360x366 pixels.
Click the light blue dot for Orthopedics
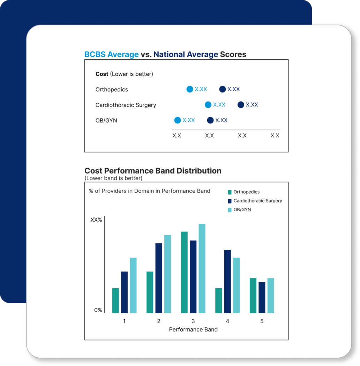pos(190,89)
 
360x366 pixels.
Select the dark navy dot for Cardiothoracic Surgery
pos(241,105)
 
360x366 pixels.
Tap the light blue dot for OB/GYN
pos(178,120)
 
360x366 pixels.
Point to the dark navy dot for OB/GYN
pos(210,120)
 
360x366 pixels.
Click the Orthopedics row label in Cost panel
pos(112,90)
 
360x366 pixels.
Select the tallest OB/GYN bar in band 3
pos(202,268)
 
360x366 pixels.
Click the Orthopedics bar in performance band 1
pos(115,300)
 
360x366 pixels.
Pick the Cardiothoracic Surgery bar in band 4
pos(227,281)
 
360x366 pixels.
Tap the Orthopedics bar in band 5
pos(253,296)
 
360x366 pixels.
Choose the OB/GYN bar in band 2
pos(167,274)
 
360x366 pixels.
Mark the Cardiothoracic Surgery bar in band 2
pos(159,278)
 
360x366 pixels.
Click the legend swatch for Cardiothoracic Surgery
pos(230,201)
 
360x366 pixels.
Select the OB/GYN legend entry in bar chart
pos(242,210)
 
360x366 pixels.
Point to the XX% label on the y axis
pos(96,220)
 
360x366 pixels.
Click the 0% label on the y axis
pos(98,310)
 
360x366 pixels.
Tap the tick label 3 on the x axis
pos(193,321)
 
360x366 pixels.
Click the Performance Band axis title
pos(193,329)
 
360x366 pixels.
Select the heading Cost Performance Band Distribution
pos(153,171)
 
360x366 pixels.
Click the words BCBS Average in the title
pos(112,54)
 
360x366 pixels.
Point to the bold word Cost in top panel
pos(102,74)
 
